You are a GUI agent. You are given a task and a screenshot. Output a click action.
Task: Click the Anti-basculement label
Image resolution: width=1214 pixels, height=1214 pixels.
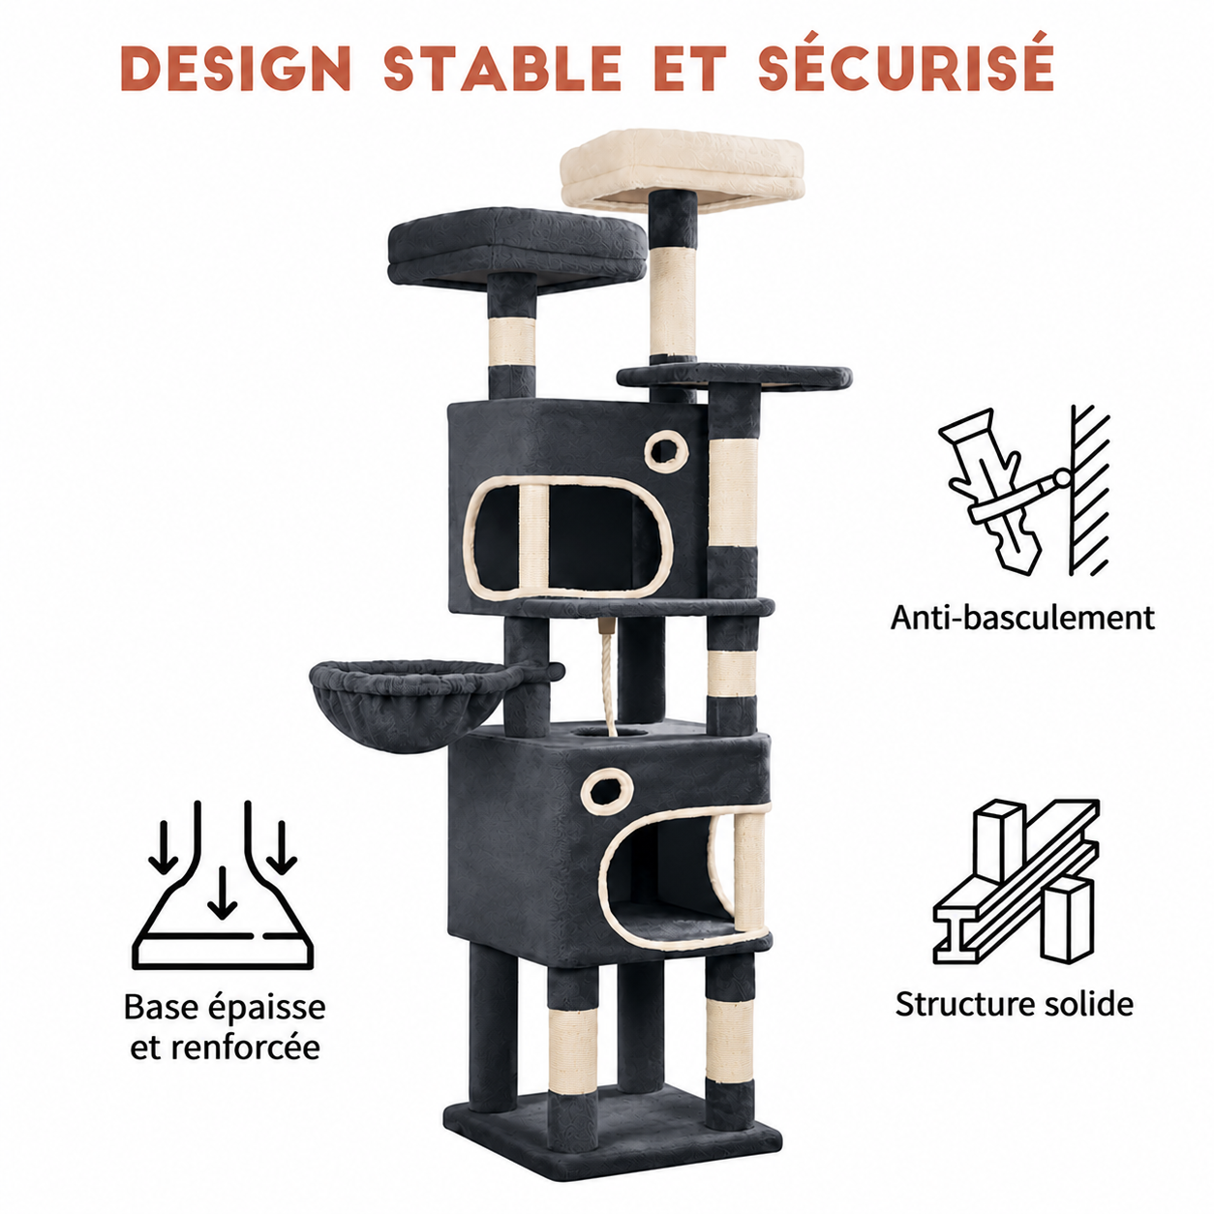click(x=1022, y=618)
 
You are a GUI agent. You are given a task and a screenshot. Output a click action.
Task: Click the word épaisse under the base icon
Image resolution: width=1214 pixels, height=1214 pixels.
click(x=266, y=1009)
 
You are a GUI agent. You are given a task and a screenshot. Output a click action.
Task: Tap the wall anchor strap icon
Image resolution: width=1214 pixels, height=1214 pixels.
click(x=1024, y=491)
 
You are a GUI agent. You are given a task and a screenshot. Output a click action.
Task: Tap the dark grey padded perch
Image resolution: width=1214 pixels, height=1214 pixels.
click(x=517, y=250)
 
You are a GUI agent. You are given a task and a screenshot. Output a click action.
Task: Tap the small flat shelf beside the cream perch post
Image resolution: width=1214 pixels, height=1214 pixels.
click(x=734, y=376)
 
